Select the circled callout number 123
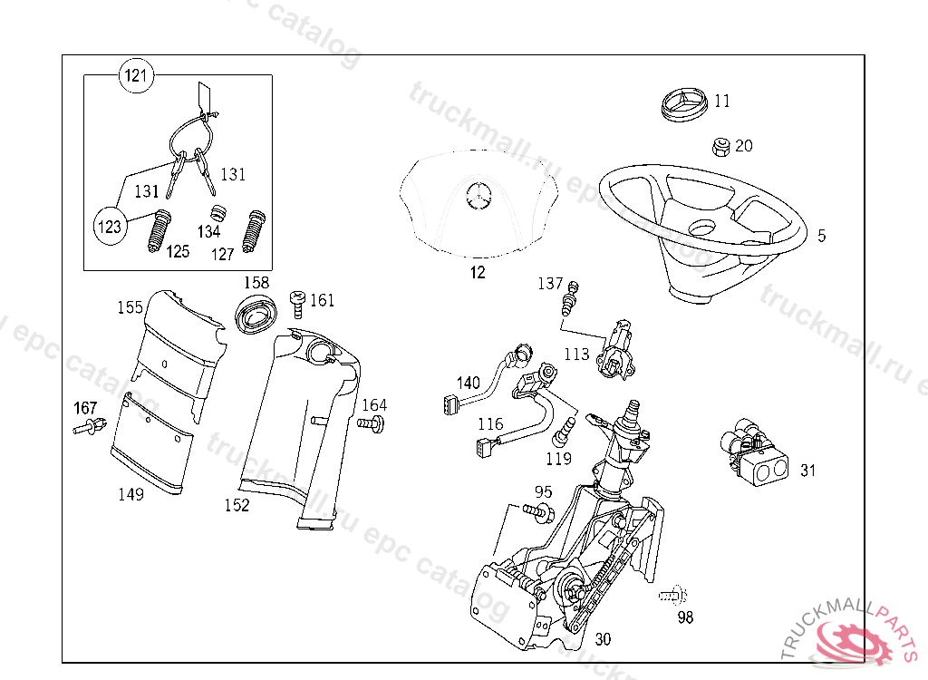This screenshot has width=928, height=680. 110,227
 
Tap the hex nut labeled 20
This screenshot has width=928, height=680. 720,146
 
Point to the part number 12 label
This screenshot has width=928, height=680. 478,272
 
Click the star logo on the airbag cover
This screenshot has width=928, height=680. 478,194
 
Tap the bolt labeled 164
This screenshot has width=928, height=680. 372,423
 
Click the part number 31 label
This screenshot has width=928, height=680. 807,471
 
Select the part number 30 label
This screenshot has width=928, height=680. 603,639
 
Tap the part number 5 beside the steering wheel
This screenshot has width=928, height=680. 821,236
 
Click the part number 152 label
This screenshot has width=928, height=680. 237,505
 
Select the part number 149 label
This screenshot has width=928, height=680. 131,494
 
